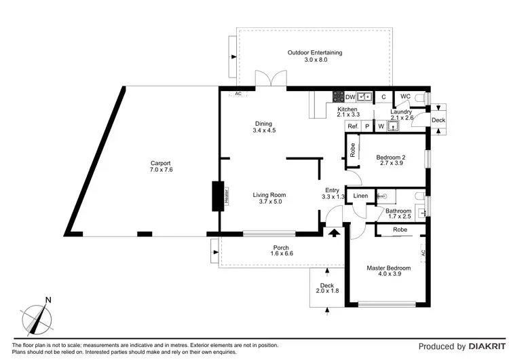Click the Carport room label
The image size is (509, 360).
(x=160, y=163)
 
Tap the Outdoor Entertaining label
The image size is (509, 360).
(x=314, y=52)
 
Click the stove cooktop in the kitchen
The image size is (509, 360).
(x=338, y=96)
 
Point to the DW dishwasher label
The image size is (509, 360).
(x=350, y=97)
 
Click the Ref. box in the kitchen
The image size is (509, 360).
(x=353, y=126)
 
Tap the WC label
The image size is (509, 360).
(x=405, y=96)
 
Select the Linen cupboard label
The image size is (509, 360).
(x=360, y=196)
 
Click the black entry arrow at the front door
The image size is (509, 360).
(x=334, y=232)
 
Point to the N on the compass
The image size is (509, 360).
(x=48, y=300)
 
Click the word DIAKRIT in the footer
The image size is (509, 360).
(x=487, y=346)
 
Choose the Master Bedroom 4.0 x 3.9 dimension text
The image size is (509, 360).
(x=390, y=274)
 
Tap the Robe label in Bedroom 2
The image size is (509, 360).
(x=352, y=150)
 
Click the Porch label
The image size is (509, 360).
(x=281, y=247)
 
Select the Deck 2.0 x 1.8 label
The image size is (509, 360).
(x=327, y=288)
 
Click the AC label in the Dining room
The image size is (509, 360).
(x=238, y=94)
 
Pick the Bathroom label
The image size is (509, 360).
(x=398, y=211)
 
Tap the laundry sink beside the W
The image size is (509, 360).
(x=394, y=126)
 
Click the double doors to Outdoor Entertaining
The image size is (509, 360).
(x=271, y=78)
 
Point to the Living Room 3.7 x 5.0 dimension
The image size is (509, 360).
(x=270, y=202)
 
